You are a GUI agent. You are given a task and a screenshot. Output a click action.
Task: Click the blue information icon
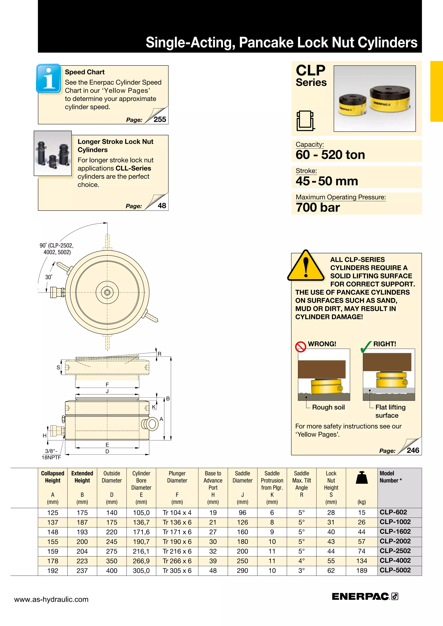48,78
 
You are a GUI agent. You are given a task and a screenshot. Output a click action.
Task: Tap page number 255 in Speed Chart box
160,119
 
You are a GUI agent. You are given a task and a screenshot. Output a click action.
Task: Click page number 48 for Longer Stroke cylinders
162,206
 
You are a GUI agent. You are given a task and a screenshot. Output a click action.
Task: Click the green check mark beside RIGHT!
366,346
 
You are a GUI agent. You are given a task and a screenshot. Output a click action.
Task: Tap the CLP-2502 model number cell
395,551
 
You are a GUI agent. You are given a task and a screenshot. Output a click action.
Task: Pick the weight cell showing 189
361,570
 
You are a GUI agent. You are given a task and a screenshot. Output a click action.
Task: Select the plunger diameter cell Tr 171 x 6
177,532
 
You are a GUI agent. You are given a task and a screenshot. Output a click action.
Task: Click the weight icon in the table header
362,478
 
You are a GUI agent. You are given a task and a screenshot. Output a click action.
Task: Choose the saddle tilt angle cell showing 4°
301,561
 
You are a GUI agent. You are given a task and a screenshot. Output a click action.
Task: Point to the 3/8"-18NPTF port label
51,454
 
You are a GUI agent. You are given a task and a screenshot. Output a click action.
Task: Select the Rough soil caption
328,407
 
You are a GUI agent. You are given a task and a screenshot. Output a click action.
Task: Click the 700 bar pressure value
318,208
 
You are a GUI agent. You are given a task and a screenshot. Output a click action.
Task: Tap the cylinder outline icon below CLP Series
305,121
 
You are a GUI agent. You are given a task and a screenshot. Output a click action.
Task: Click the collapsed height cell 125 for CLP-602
53,513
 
